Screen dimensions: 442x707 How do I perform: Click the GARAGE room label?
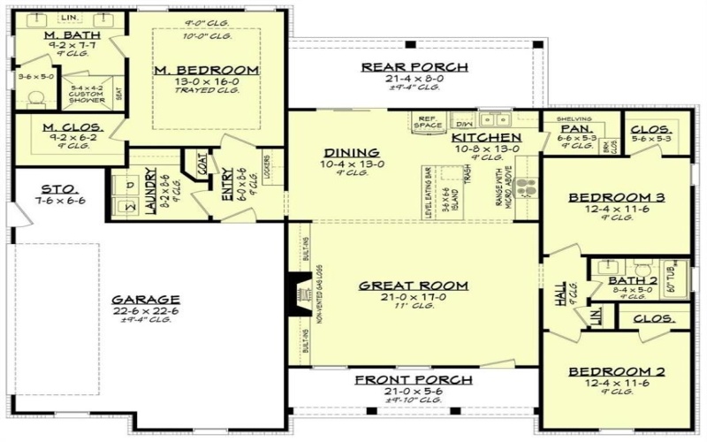146,299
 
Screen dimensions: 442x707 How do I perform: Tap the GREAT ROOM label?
413,286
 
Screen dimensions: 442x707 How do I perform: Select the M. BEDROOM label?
206,70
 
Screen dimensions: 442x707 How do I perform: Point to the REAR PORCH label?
414,67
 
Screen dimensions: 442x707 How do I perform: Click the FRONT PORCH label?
414,380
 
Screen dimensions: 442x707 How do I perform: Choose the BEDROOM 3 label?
616,196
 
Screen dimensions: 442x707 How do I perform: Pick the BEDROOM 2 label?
616,371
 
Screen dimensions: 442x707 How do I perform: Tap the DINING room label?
352,152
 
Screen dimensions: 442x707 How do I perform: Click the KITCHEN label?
485,138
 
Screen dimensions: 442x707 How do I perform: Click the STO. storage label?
59,188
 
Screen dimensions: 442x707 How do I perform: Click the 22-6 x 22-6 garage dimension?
146,310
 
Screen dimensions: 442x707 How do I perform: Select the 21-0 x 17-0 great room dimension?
413,298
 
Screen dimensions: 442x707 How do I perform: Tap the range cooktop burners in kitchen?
527,188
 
